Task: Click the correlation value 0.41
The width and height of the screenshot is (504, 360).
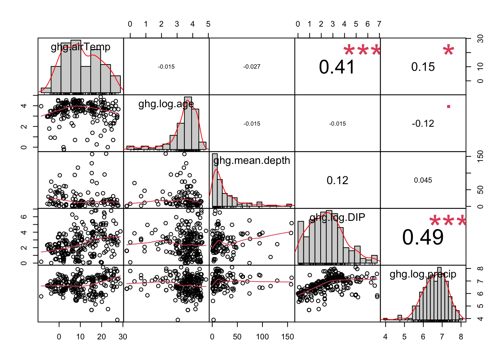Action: pos(337,67)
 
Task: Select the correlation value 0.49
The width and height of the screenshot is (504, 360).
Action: pos(423,237)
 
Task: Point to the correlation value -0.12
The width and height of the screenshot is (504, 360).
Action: pos(423,124)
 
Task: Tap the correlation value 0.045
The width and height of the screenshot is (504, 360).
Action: pos(423,180)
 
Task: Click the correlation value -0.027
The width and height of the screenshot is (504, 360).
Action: pos(252,67)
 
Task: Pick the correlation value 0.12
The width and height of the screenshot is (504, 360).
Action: pos(337,180)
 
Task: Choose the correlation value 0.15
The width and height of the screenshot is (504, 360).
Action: pos(423,67)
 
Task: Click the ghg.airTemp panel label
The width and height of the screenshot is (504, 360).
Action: pos(81,47)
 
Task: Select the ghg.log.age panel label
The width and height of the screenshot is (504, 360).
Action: pos(166,104)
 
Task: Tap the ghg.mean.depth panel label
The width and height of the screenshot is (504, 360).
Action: pos(252,160)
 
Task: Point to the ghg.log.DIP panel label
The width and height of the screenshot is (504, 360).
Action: pos(337,217)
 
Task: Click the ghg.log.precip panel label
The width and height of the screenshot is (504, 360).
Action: pos(423,274)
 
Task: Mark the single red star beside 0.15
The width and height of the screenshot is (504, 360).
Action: pos(448,50)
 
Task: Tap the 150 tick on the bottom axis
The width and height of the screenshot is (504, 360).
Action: pos(288,337)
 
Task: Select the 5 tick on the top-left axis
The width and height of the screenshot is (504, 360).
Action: pos(208,24)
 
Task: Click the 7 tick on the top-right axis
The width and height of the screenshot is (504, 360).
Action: pos(379,24)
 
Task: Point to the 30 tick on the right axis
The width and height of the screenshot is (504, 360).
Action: pos(480,39)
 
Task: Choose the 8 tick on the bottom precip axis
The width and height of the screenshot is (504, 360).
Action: pos(461,337)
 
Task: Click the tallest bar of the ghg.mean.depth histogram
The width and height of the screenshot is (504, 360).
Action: pos(215,180)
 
